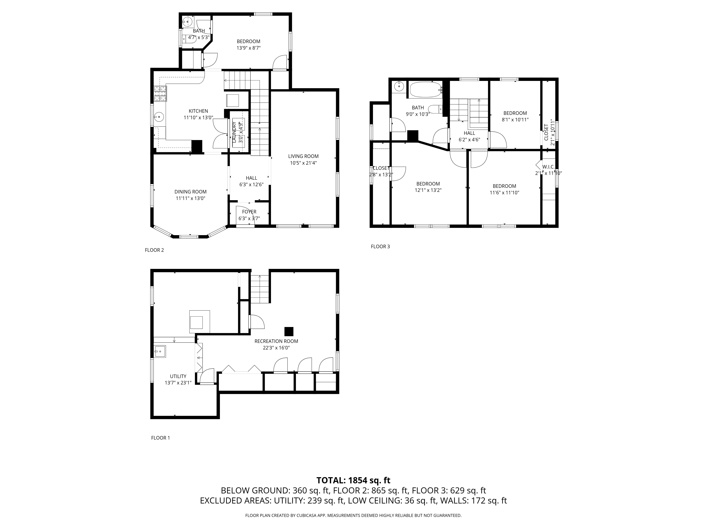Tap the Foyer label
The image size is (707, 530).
(x=249, y=212)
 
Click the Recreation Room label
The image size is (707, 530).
(x=276, y=341)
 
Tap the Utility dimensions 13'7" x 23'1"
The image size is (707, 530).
(x=178, y=383)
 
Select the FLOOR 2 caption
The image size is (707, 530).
(x=154, y=250)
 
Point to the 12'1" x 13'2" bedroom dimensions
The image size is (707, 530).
(x=428, y=190)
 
